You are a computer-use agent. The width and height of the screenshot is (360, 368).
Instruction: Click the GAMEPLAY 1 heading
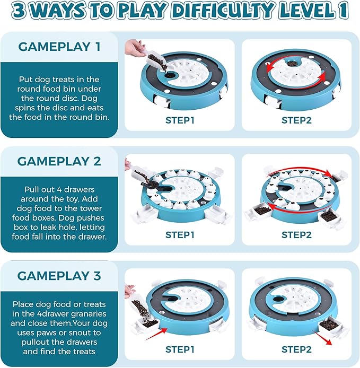tap(59, 47)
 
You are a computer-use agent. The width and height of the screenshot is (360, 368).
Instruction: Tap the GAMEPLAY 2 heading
tap(59, 161)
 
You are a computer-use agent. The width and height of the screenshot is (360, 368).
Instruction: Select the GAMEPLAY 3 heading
tap(59, 276)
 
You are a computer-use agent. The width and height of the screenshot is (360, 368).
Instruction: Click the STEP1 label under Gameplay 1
tap(180, 120)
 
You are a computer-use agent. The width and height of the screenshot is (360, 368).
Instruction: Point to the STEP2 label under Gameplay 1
tap(296, 120)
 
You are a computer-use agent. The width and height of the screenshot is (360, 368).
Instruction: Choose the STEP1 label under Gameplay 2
tap(180, 235)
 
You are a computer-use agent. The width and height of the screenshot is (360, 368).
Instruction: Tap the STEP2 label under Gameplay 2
tap(296, 235)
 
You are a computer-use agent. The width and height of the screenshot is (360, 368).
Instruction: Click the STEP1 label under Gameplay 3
tap(180, 349)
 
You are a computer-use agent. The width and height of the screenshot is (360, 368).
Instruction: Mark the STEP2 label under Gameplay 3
tap(296, 349)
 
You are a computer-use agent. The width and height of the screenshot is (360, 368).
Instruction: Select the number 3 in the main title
tap(19, 11)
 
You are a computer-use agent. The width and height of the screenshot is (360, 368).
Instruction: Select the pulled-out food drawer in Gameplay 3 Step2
tap(331, 327)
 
